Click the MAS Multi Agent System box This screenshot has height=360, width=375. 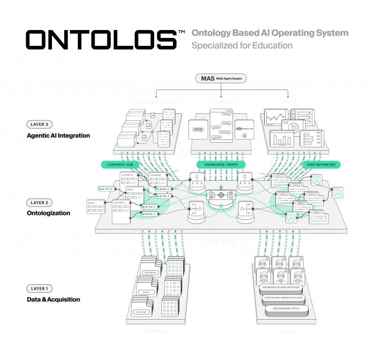pyautogui.click(x=221, y=78)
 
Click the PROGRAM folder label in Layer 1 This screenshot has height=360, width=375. pyautogui.click(x=150, y=272)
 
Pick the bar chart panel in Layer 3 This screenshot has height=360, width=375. pyautogui.click(x=280, y=139)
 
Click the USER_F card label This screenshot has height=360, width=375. pyautogui.click(x=317, y=213)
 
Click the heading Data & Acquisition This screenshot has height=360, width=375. pyautogui.click(x=53, y=299)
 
